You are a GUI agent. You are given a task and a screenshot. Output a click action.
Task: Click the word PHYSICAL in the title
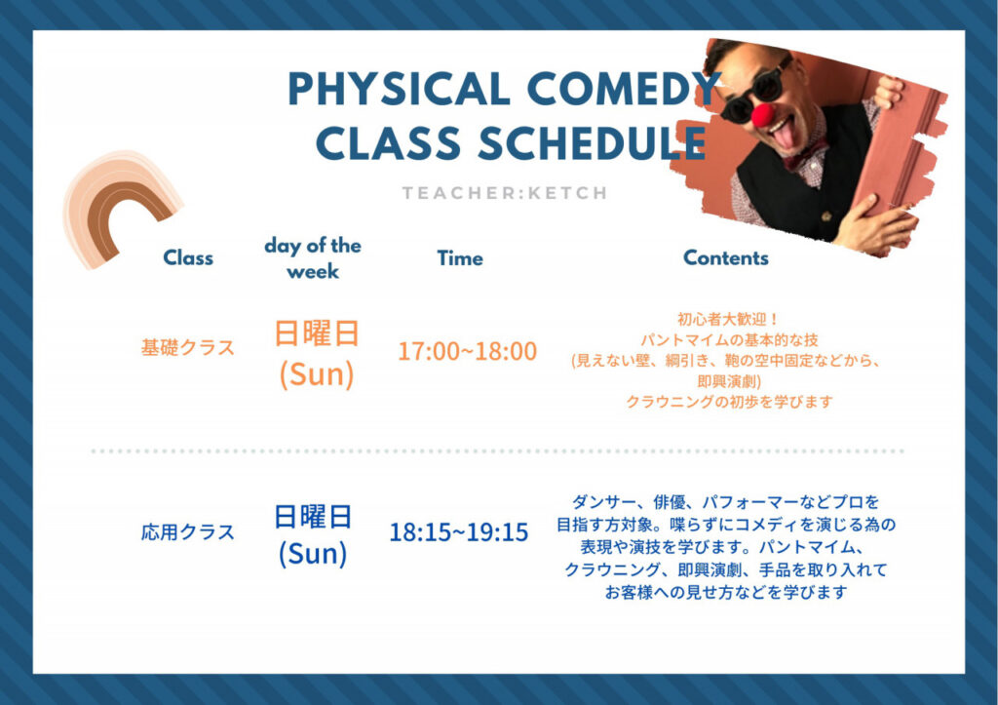[399, 88]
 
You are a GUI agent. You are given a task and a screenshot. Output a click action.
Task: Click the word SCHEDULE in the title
[593, 142]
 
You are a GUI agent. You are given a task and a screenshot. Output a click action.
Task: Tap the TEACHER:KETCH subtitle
[505, 193]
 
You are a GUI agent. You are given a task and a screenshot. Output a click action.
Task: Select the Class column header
[188, 257]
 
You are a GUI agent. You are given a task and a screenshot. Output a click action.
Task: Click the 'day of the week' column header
[313, 258]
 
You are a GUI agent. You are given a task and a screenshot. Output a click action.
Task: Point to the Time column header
[460, 258]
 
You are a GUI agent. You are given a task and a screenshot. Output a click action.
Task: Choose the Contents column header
[725, 257]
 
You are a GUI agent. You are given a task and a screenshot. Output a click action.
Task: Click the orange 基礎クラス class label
[188, 348]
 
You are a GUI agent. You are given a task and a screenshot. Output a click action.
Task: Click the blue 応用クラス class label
[188, 531]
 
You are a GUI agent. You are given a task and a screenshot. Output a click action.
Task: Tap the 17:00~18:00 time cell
[467, 351]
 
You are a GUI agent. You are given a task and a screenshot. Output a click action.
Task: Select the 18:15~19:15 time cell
[458, 532]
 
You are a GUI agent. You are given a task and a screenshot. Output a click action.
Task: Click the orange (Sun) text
[317, 373]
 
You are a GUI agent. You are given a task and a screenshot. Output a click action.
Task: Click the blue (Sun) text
[313, 554]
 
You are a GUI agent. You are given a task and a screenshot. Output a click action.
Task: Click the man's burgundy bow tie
[804, 155]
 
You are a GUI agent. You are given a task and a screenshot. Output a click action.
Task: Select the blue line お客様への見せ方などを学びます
[725, 592]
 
